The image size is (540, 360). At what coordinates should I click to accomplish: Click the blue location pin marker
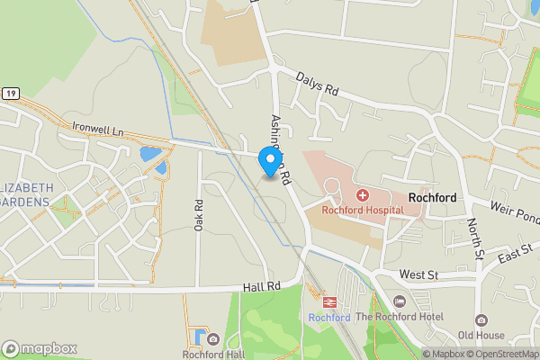(268, 161)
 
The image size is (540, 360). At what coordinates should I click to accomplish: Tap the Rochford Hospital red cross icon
(362, 194)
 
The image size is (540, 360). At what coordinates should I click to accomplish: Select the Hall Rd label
(262, 286)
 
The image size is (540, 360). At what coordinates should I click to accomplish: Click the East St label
(515, 256)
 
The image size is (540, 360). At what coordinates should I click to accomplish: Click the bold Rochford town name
(432, 198)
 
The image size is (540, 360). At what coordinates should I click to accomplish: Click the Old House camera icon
(481, 320)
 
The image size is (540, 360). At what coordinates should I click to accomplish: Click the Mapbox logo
(40, 348)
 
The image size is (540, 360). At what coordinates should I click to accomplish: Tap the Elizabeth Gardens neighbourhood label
(27, 193)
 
